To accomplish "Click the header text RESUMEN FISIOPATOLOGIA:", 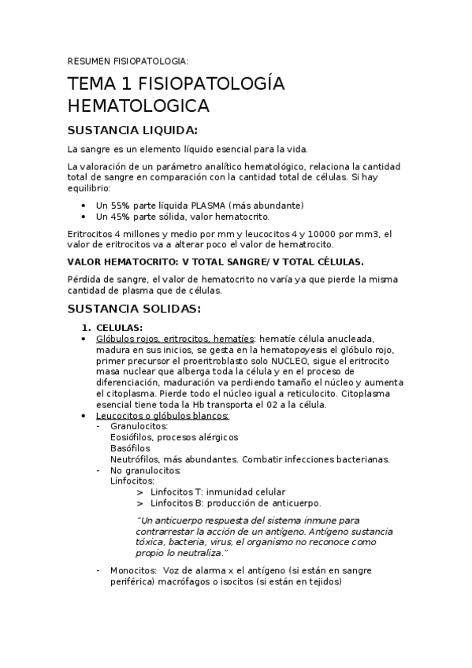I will [x=128, y=61].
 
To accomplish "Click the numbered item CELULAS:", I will [x=119, y=327].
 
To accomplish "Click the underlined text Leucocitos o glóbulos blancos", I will [x=162, y=415].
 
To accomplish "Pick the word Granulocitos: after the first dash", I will [x=139, y=426].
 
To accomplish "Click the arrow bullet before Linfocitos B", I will [x=139, y=503].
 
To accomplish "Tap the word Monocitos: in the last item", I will [x=136, y=570].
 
